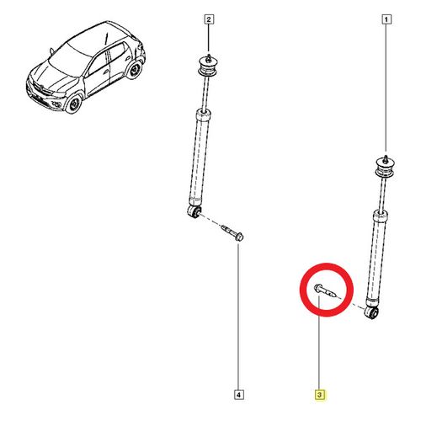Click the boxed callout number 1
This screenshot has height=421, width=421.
click(x=386, y=19)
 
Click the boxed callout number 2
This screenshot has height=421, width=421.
click(x=209, y=19)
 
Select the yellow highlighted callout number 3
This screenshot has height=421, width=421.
click(x=319, y=395)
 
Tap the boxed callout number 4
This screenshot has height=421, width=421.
click(x=238, y=395)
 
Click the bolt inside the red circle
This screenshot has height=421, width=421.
click(x=324, y=291)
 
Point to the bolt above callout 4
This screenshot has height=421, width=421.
click(x=232, y=232)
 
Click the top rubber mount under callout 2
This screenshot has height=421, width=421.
click(x=208, y=67)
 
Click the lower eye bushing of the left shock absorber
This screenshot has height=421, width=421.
click(x=195, y=211)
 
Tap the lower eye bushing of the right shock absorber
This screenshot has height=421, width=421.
click(x=372, y=312)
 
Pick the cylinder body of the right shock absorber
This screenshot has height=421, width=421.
click(x=376, y=258)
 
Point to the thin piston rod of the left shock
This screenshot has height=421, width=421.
click(x=205, y=93)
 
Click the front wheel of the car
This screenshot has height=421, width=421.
click(x=73, y=104)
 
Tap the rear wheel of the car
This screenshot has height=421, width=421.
click(x=135, y=70)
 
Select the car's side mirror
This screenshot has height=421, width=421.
click(x=51, y=51)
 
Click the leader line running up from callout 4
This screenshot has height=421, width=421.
click(x=238, y=317)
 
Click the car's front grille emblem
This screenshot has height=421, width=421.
click(x=41, y=88)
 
